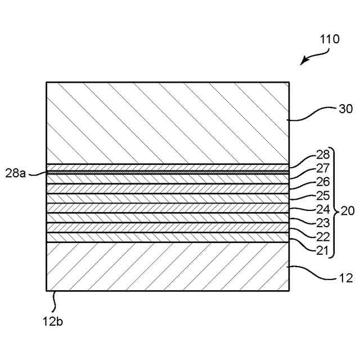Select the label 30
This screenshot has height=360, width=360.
pos(331,110)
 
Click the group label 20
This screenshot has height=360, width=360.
pos(348,211)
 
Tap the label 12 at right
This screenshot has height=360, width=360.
pos(345,278)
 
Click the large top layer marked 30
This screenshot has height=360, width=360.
pos(167,123)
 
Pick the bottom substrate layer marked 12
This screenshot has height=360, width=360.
pos(167,266)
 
